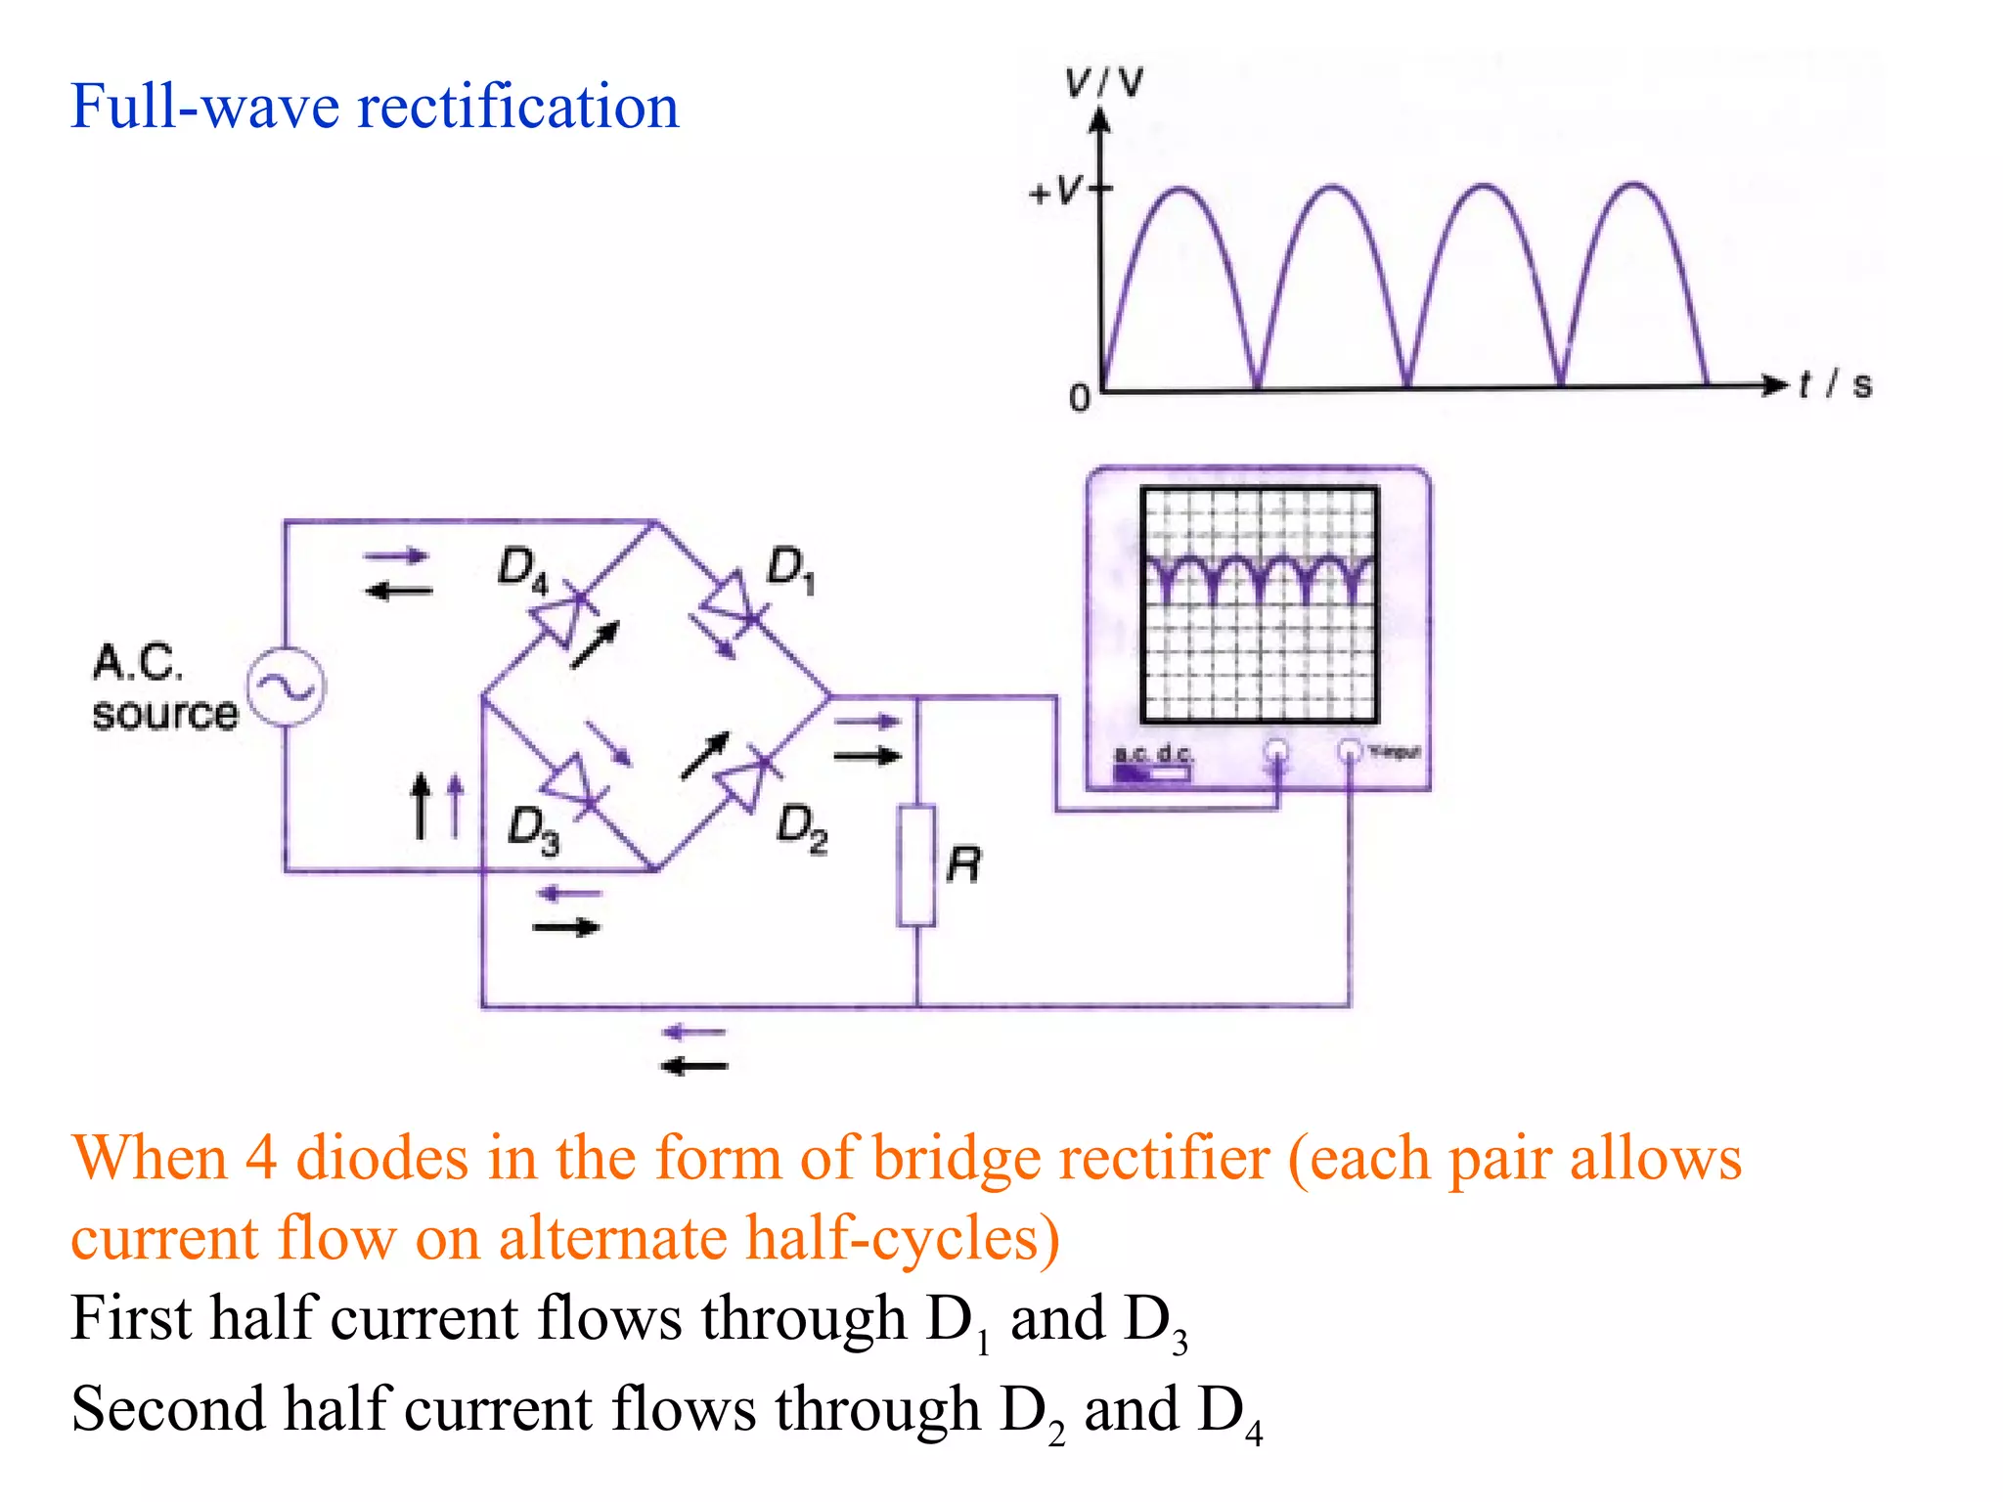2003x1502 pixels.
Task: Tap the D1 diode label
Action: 790,569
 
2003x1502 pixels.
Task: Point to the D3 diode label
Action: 533,830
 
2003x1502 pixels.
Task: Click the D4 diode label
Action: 522,569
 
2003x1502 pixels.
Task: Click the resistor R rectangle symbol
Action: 916,865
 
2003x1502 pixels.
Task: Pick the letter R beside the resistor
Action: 964,865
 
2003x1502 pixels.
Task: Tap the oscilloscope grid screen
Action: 1260,604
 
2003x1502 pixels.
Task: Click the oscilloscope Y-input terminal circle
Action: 1350,751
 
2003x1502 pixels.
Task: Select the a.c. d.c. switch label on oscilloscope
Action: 1153,754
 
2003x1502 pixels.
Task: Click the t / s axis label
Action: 1835,384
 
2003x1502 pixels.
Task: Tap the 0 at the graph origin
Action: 1079,398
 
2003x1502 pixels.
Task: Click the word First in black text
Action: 131,1318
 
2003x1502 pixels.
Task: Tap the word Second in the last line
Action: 167,1409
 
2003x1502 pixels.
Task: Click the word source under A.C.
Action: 165,714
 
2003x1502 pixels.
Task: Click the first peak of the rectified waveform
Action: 1181,190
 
